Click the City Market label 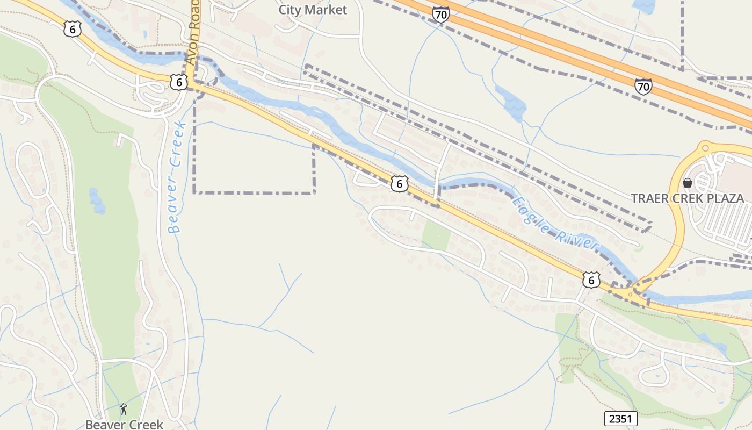[x=313, y=10]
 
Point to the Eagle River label [x=555, y=223]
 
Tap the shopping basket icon [x=687, y=183]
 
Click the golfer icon [x=124, y=409]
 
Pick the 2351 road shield [x=620, y=419]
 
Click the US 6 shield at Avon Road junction [x=179, y=82]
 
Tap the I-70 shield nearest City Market [x=440, y=15]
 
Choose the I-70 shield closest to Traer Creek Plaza [x=643, y=86]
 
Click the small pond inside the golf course [x=97, y=200]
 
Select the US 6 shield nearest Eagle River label [x=591, y=279]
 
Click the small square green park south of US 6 [x=436, y=236]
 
